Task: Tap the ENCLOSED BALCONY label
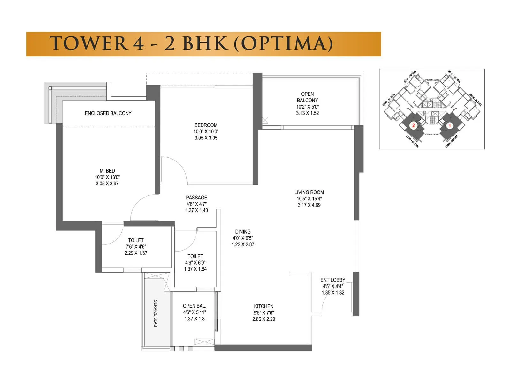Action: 108,113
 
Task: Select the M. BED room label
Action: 107,171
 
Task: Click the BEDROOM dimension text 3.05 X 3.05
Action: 206,138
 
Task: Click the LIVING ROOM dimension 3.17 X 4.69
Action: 309,205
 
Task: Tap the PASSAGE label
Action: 196,198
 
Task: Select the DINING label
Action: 243,232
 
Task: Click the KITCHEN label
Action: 263,306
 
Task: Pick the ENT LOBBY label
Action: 333,280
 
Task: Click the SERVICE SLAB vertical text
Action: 156,313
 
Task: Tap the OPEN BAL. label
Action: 194,306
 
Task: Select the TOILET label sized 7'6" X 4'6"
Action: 136,240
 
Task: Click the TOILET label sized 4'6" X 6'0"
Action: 195,256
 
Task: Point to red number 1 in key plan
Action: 450,126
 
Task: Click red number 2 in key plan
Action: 413,125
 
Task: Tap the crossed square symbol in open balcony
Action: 265,120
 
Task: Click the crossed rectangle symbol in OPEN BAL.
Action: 204,341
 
